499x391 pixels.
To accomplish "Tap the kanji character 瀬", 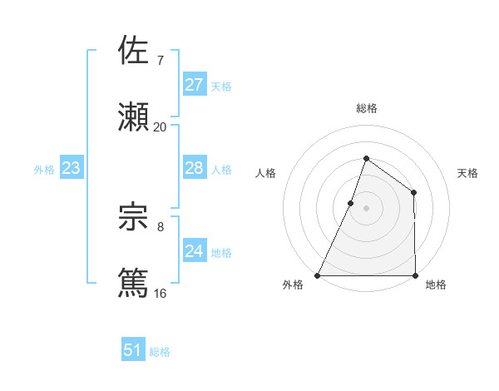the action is point(134,116).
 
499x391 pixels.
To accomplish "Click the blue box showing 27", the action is point(194,85).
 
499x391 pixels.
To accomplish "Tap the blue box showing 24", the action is point(194,251).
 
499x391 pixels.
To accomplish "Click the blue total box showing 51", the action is point(132,350).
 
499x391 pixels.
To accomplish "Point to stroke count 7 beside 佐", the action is point(161,61).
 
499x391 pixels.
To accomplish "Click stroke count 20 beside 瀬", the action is point(161,127).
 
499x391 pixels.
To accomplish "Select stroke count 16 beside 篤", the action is point(161,293).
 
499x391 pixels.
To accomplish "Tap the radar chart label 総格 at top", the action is point(366,108).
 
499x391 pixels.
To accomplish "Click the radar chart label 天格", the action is point(468,173).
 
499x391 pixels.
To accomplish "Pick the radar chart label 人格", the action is point(265,173).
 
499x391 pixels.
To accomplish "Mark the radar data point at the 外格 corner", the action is point(318,275).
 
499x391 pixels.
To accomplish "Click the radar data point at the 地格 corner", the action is point(414,275).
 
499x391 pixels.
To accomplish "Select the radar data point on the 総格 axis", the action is point(366,158).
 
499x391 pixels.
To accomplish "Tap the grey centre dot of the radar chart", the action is point(366,208).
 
